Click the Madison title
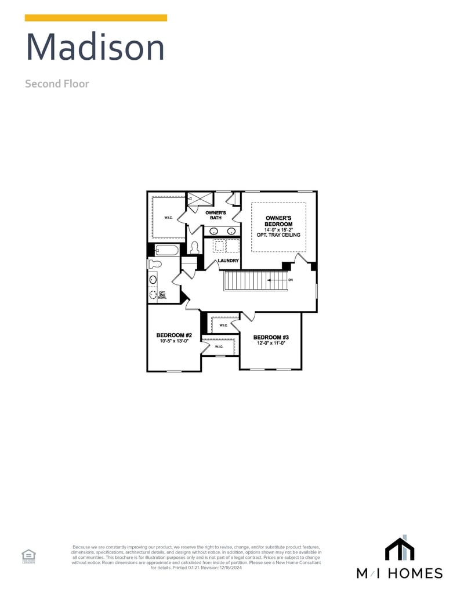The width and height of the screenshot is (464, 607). click(x=95, y=48)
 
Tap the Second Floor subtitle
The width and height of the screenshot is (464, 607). click(x=57, y=84)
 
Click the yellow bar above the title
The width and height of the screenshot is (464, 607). click(x=96, y=18)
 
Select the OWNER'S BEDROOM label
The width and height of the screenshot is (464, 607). click(x=278, y=221)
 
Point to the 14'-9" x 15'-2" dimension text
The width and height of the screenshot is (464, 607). click(x=278, y=230)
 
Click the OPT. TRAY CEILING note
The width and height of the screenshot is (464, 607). click(x=278, y=235)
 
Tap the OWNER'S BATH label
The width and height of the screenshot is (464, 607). click(x=215, y=215)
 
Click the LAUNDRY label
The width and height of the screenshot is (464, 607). click(x=228, y=261)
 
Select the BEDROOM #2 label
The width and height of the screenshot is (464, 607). click(x=174, y=335)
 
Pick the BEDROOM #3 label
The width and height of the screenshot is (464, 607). click(x=271, y=337)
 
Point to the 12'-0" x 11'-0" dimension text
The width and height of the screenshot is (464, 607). click(x=271, y=343)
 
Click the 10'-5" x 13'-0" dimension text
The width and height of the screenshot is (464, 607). click(x=174, y=341)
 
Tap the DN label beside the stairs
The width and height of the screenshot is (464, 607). click(x=291, y=280)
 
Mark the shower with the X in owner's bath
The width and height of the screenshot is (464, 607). click(x=201, y=199)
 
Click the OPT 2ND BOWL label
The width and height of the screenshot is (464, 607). click(x=162, y=295)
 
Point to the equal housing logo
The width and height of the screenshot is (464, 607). click(x=28, y=556)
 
